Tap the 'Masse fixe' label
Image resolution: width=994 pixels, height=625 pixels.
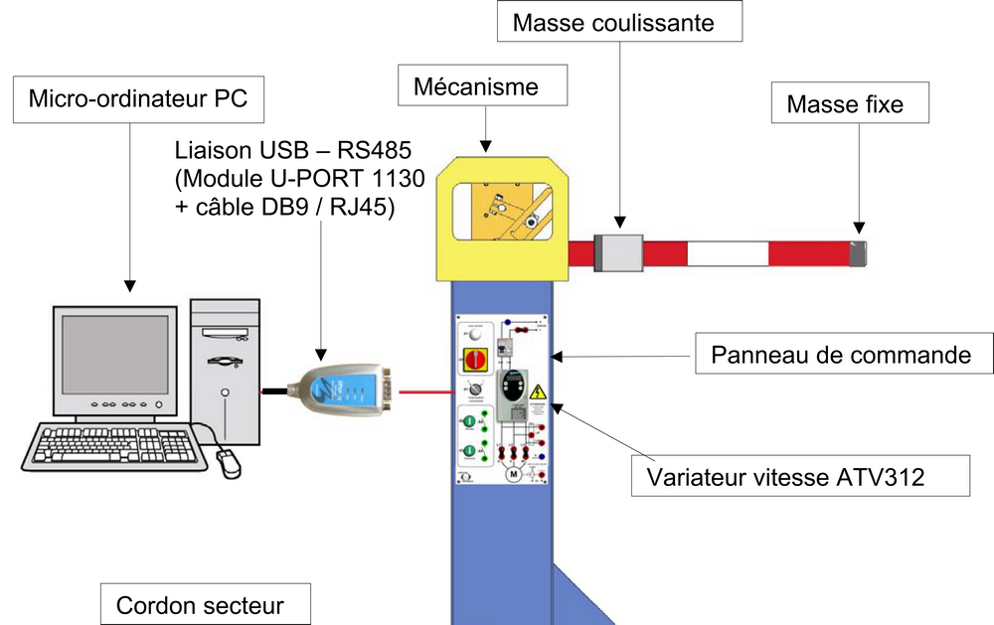[x=844, y=103]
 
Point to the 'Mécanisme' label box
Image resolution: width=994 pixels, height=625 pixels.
[x=482, y=86]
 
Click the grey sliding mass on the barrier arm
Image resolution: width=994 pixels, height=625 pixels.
[x=618, y=252]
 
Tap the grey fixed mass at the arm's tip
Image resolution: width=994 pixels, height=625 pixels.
[x=858, y=252]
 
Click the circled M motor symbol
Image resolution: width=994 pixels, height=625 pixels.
[x=514, y=474]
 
